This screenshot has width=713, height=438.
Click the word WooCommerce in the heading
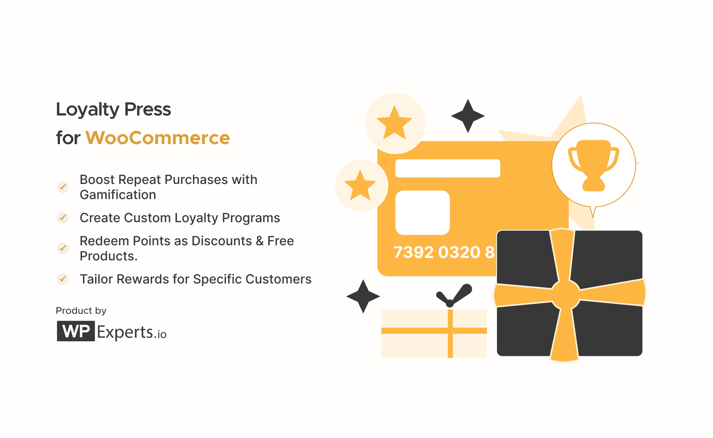point(158,138)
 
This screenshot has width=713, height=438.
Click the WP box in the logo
point(76,331)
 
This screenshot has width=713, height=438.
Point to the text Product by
point(81,311)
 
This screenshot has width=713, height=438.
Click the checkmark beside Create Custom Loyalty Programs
point(63,218)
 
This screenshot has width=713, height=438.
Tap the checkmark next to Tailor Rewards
point(63,279)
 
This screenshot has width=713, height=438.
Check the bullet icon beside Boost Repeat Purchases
point(63,187)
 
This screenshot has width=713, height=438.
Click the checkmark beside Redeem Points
point(63,248)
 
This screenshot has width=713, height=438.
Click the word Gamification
point(118,195)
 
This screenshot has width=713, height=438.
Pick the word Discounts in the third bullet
point(222,241)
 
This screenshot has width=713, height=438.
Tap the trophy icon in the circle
point(593,165)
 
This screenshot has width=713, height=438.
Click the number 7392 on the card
point(413,252)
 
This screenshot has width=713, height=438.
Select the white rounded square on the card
point(423,213)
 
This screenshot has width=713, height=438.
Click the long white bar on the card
point(448,168)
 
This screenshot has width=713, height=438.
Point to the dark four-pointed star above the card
point(468,116)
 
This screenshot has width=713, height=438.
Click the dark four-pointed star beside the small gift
point(363,296)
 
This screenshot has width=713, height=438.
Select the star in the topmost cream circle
point(394,123)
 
